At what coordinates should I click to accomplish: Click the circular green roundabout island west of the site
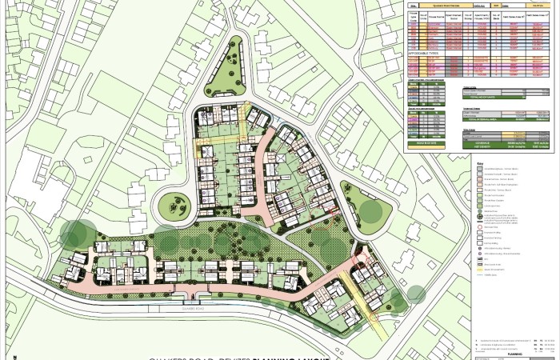(x=174, y=207)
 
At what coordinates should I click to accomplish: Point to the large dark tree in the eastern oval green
(x=370, y=212)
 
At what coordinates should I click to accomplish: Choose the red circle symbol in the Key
(x=479, y=227)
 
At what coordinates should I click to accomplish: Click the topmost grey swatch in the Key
(x=479, y=171)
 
